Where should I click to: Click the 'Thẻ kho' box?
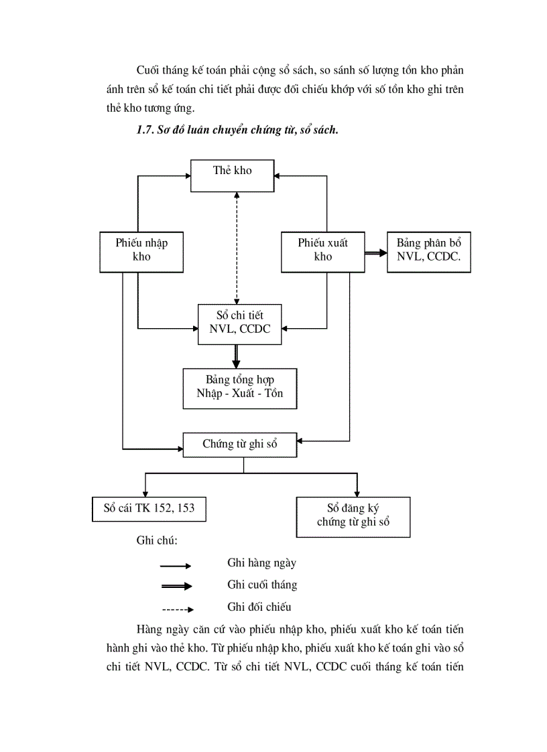(x=232, y=176)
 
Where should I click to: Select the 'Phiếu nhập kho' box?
(x=141, y=252)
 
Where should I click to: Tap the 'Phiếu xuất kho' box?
(x=322, y=252)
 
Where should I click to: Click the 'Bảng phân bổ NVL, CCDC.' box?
(x=428, y=252)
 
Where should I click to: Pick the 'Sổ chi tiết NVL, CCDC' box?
(x=239, y=324)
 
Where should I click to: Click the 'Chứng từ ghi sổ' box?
(x=239, y=445)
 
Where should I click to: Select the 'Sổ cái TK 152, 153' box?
(x=148, y=508)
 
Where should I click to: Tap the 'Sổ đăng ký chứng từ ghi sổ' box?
(x=353, y=516)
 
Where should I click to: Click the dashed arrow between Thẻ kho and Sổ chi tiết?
(x=235, y=248)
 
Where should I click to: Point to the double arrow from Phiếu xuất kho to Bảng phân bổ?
(x=376, y=254)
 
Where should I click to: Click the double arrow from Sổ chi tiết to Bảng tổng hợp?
(x=235, y=356)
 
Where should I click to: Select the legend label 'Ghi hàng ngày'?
(x=261, y=563)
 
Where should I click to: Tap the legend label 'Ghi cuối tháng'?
(x=262, y=585)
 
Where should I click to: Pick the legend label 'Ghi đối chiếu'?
(x=259, y=607)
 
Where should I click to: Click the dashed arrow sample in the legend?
(x=177, y=609)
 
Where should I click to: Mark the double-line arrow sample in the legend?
(x=177, y=587)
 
